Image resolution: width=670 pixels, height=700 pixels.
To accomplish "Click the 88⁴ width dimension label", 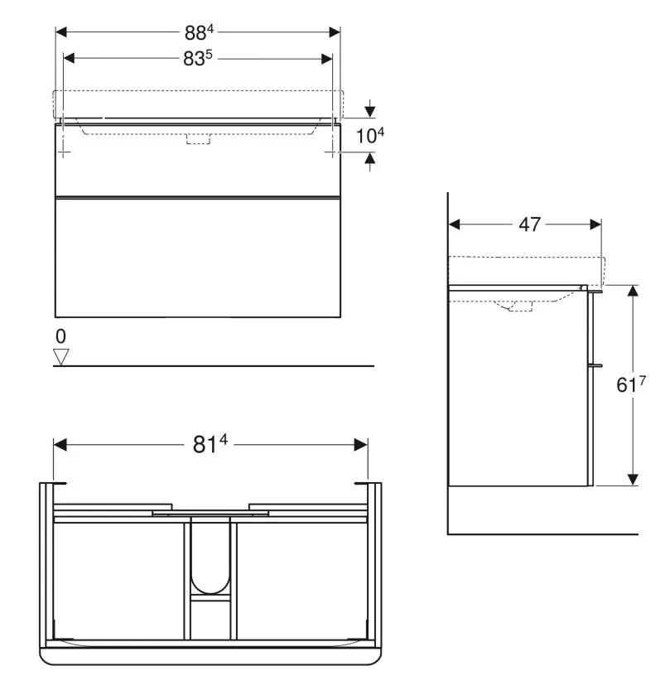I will click(199, 32).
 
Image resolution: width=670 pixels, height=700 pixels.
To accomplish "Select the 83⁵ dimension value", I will click(199, 59).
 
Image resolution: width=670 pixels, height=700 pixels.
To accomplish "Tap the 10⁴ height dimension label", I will click(370, 136).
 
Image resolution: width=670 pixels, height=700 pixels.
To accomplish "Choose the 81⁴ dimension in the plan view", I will click(210, 445).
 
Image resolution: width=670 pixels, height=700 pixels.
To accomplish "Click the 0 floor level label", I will click(60, 336).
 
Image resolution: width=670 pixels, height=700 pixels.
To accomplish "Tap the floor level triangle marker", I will click(60, 356).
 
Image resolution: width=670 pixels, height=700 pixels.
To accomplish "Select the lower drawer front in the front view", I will click(197, 258).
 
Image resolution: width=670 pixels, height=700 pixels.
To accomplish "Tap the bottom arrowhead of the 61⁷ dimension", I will click(633, 479).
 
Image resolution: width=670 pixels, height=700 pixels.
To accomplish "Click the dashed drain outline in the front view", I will click(199, 139).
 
